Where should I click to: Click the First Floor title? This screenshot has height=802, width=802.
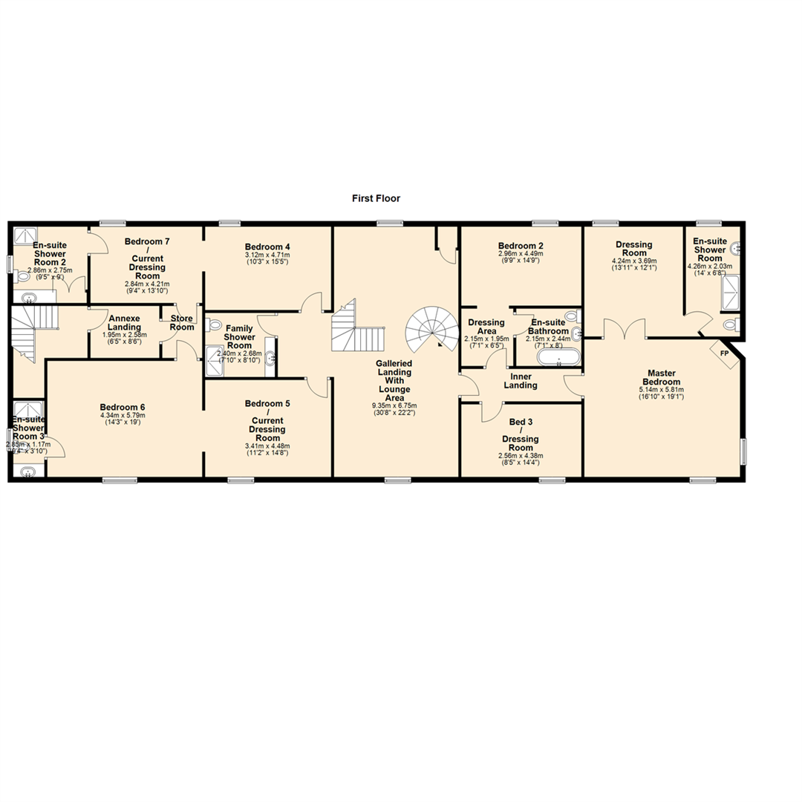click(x=376, y=198)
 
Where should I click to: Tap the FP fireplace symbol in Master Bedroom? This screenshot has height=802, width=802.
click(x=723, y=353)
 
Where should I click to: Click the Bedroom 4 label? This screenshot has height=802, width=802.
click(x=267, y=247)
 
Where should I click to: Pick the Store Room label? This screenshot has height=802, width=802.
click(x=182, y=323)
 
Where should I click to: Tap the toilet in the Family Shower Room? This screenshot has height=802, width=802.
click(x=215, y=325)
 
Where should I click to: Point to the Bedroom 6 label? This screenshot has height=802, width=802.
click(x=123, y=407)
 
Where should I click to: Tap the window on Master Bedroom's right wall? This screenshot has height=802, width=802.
click(x=743, y=450)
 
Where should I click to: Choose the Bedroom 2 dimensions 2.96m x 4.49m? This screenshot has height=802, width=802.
click(x=521, y=253)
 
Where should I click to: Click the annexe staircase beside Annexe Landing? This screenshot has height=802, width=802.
click(x=27, y=333)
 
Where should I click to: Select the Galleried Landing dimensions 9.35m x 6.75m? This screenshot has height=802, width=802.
click(x=394, y=405)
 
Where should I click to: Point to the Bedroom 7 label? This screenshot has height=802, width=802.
click(x=147, y=241)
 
